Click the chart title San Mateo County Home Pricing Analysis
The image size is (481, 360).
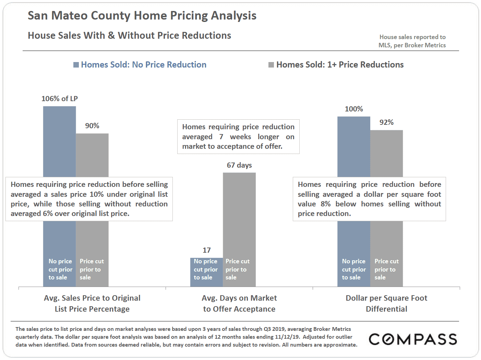142,16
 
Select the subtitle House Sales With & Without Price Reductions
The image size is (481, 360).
129,36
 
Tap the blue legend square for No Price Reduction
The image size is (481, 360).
76,65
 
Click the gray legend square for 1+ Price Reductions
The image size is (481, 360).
271,65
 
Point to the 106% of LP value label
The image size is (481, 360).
60,99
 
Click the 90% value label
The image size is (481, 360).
92,126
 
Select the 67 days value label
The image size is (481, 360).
239,165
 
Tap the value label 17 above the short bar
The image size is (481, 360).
206,250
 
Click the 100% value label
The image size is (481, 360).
354,109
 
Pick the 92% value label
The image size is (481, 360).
386,122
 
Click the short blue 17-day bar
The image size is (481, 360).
206,272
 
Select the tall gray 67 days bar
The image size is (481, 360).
239,213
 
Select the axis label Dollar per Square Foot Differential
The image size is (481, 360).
386,303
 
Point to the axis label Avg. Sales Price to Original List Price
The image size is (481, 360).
92,303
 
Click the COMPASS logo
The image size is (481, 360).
413,339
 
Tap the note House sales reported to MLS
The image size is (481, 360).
412,41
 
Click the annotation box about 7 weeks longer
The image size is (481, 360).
238,136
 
